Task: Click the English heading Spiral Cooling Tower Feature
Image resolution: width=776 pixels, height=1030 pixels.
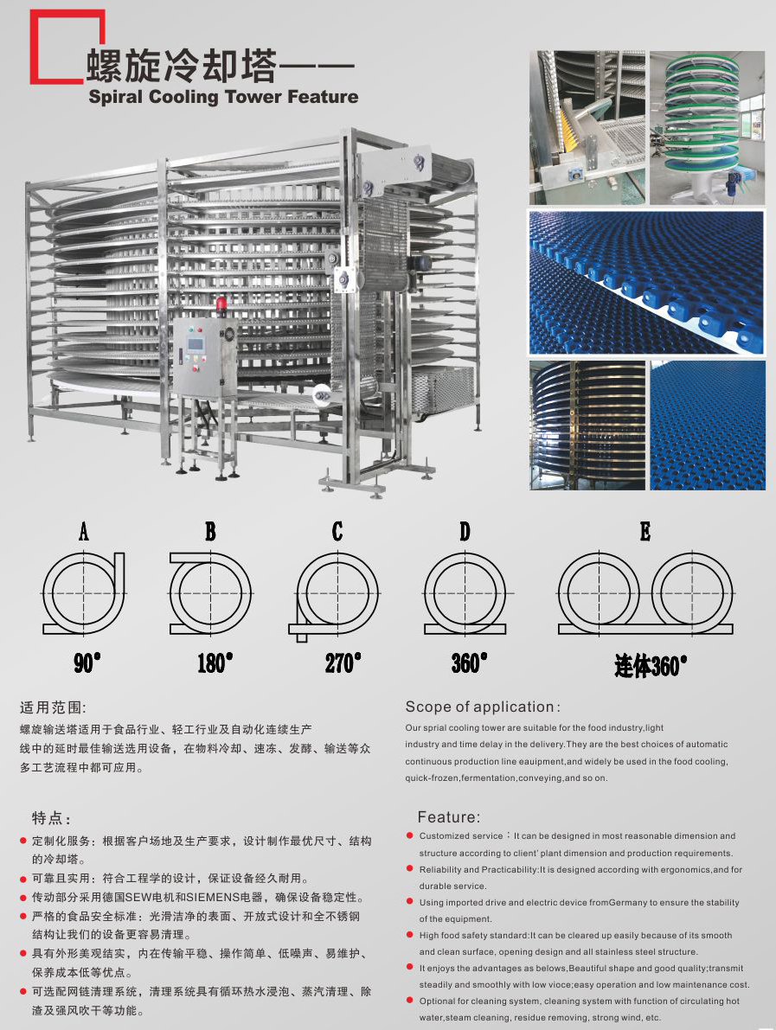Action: coord(223,97)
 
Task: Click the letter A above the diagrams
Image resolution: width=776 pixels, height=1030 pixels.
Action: coord(83,531)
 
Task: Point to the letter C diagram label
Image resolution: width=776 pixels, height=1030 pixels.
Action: coord(337,531)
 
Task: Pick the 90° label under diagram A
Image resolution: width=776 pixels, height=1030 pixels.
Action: coord(87,662)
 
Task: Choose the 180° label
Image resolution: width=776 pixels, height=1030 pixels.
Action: coord(215,662)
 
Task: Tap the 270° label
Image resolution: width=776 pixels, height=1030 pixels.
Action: coord(343,662)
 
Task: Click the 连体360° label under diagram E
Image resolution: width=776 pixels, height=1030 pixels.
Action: coord(651,665)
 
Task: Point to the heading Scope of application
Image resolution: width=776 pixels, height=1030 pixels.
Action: coord(483,707)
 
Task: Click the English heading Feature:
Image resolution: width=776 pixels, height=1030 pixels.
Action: coord(449,817)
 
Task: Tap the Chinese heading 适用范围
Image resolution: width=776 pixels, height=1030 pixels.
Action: coord(53,707)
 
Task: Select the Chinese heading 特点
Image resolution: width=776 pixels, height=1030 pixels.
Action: coord(51,818)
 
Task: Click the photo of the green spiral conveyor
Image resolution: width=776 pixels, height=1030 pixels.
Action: coord(707,127)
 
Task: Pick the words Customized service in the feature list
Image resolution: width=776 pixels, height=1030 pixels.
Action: coord(460,836)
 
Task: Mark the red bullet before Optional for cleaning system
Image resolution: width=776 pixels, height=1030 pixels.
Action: coord(409,1001)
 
